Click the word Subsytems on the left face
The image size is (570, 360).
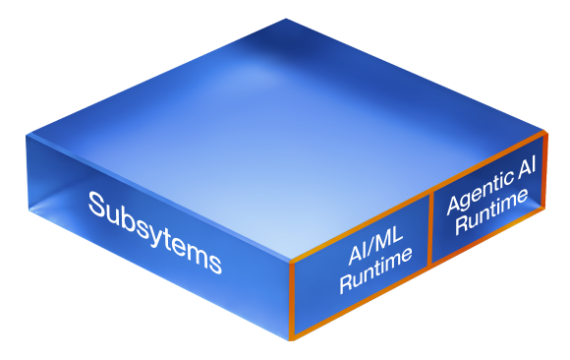click(x=155, y=232)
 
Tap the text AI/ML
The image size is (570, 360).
click(x=375, y=244)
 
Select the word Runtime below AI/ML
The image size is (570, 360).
click(x=375, y=270)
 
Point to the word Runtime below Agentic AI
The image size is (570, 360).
click(x=491, y=211)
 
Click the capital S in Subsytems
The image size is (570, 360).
click(x=97, y=205)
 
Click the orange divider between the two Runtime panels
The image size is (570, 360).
click(x=430, y=229)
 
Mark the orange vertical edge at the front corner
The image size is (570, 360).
click(x=292, y=301)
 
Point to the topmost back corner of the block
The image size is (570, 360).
click(x=286, y=19)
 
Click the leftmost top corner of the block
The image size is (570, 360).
click(x=27, y=136)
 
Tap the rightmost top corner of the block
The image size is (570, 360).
click(x=546, y=131)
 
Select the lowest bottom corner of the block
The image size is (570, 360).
click(x=291, y=340)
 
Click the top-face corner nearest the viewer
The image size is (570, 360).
click(x=291, y=261)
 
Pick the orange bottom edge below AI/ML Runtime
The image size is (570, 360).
click(x=361, y=302)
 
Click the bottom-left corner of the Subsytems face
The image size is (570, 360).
click(x=29, y=210)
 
